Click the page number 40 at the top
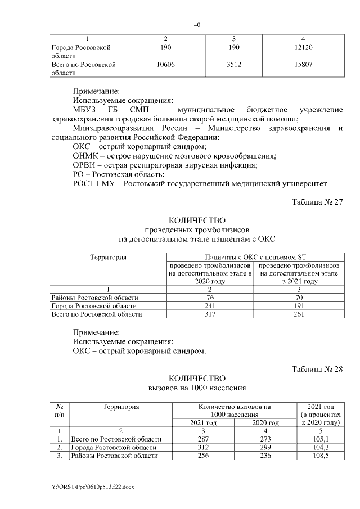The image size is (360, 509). click(x=197, y=25)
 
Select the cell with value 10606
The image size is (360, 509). click(x=165, y=65)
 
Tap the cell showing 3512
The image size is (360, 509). click(x=233, y=65)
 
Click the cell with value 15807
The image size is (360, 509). click(x=303, y=65)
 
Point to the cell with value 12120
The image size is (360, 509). click(x=303, y=48)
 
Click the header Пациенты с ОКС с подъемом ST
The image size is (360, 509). click(x=253, y=258)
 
